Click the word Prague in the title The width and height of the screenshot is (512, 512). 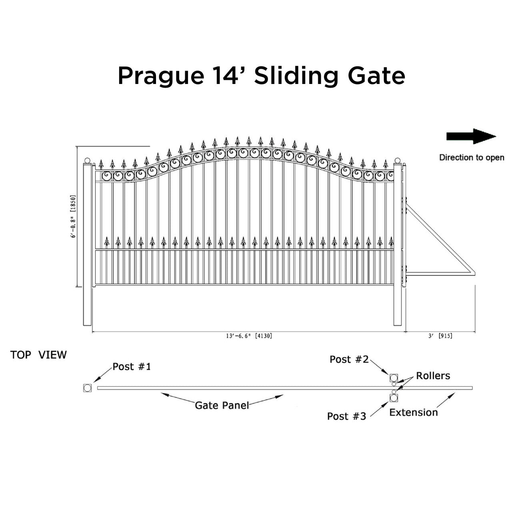(x=161, y=76)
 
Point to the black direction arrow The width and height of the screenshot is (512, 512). (x=471, y=136)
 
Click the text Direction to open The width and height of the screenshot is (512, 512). (x=472, y=158)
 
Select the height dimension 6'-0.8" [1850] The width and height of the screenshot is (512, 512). (x=73, y=216)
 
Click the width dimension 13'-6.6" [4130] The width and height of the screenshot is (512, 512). (x=249, y=336)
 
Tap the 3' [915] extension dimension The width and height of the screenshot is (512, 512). (x=440, y=336)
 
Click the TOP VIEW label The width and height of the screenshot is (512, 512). (x=38, y=355)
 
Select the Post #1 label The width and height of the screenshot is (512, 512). (x=132, y=367)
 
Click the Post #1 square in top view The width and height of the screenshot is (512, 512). (x=88, y=388)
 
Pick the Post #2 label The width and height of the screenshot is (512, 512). (x=349, y=360)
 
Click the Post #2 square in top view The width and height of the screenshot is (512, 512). (x=394, y=378)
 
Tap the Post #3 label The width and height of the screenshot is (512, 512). (x=346, y=416)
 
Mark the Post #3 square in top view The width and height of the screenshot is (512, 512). (x=394, y=398)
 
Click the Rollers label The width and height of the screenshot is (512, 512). (x=433, y=376)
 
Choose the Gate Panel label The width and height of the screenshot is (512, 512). (x=222, y=406)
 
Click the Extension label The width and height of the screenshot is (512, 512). (x=414, y=413)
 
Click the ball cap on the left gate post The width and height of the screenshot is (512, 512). (x=88, y=160)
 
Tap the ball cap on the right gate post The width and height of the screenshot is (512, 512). (x=398, y=160)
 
